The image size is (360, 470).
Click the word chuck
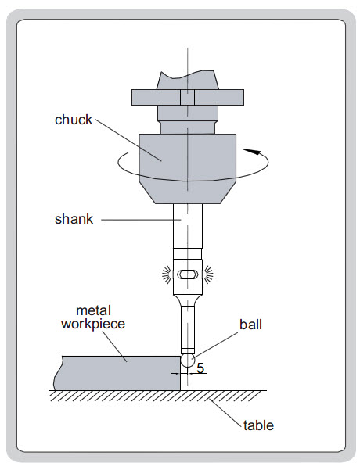tap(74, 120)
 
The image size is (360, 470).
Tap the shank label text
tap(74, 219)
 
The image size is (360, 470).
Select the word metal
tap(94, 310)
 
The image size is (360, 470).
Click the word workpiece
tap(93, 325)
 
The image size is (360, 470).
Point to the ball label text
tap(250, 325)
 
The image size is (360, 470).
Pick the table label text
tap(258, 425)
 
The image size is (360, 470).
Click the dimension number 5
tap(200, 368)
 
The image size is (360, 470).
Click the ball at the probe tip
tap(188, 361)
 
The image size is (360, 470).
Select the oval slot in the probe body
tap(188, 274)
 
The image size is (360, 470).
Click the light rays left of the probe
tap(167, 274)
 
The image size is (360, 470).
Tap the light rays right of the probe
tap(208, 274)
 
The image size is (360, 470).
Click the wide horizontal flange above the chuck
tap(188, 98)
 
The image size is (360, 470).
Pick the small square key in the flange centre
tap(188, 98)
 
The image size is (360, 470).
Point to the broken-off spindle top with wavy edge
tap(188, 80)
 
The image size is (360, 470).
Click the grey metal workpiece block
tap(117, 373)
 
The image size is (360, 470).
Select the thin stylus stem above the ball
tap(188, 327)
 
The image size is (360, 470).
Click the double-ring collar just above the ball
tap(188, 351)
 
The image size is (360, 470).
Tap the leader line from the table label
tap(225, 412)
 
